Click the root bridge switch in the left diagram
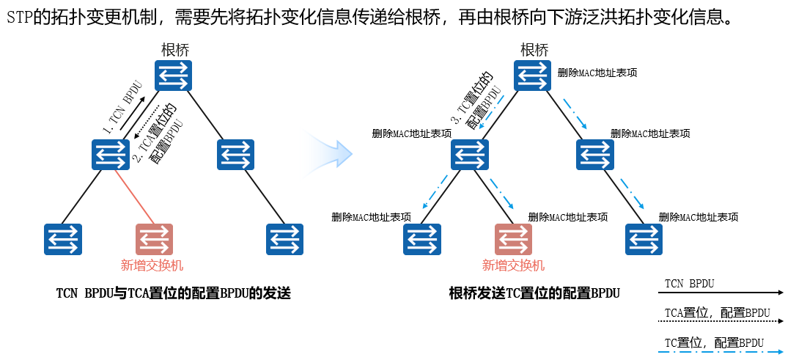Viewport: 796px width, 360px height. (173, 76)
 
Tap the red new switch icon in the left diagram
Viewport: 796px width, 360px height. (154, 239)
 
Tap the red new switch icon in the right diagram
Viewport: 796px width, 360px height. (513, 239)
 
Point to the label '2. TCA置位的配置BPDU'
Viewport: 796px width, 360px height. (157, 133)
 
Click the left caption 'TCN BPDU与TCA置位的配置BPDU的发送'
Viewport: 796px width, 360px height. (174, 294)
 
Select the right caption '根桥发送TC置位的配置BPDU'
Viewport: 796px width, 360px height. (534, 294)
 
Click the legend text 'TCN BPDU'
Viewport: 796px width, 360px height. (689, 283)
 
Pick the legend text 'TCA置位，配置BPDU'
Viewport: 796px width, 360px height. (717, 313)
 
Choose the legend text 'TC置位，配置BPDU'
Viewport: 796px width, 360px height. (714, 342)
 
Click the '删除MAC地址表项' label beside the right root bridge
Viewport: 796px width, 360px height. (597, 73)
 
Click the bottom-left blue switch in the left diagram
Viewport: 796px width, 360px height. (63, 239)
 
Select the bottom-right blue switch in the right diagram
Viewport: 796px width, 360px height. (644, 239)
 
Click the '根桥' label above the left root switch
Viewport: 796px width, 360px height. (175, 51)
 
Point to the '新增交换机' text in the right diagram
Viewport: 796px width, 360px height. (513, 265)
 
